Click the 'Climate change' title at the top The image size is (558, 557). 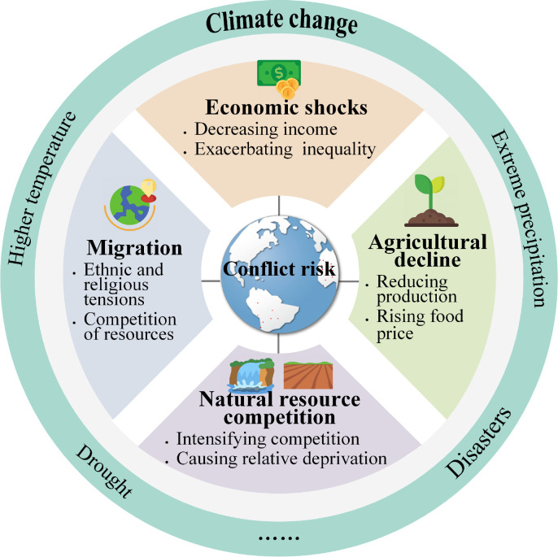(281, 22)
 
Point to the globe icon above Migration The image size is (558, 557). (131, 202)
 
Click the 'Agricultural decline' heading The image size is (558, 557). (427, 250)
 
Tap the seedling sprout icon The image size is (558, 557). (426, 199)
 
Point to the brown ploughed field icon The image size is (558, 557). (307, 375)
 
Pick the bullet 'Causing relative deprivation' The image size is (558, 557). (281, 459)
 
